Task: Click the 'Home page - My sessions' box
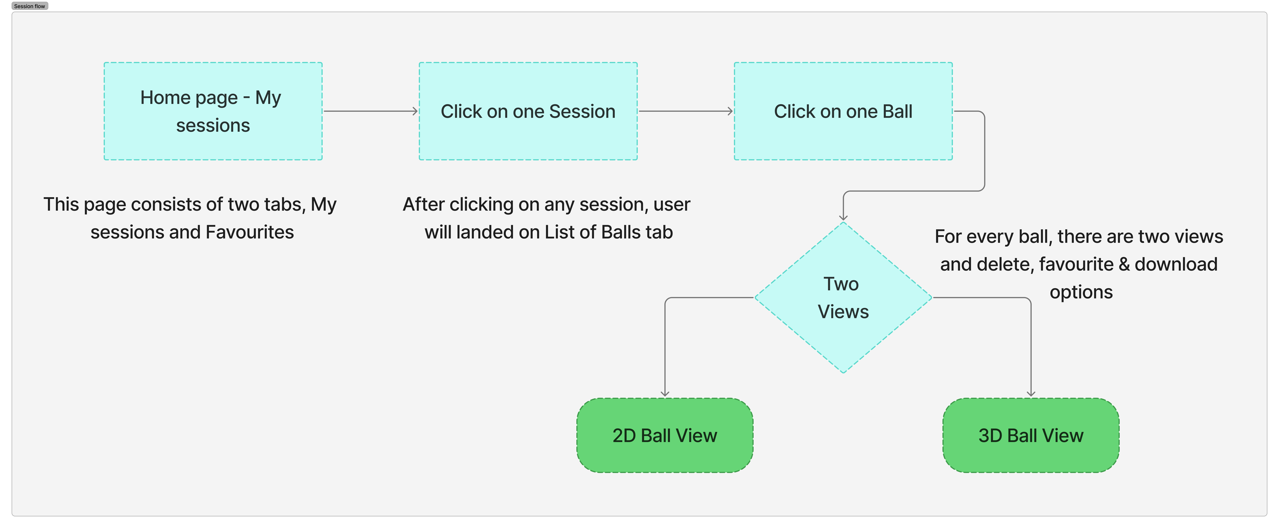pos(213,111)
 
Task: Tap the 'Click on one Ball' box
pos(843,111)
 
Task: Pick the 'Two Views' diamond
pos(843,297)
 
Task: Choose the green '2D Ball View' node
pos(665,435)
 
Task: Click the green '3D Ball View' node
pos(1031,435)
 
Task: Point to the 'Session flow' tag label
pos(30,6)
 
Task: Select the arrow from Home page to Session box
pos(370,111)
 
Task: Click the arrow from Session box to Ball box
pos(686,111)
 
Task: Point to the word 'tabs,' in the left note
pos(284,205)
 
